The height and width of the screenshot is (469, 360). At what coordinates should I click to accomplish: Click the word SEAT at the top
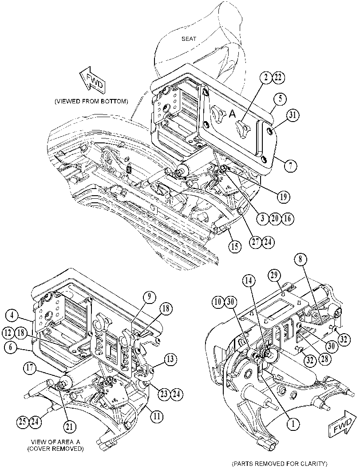189,39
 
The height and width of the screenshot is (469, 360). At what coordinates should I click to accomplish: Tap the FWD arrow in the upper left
91,80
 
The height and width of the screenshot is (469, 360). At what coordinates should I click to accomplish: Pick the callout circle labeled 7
290,165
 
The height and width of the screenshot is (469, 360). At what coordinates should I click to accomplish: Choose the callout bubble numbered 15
235,247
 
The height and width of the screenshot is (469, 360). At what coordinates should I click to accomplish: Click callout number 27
255,242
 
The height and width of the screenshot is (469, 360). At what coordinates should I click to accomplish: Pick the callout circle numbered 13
170,359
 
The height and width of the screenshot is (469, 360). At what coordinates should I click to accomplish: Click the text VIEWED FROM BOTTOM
91,102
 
